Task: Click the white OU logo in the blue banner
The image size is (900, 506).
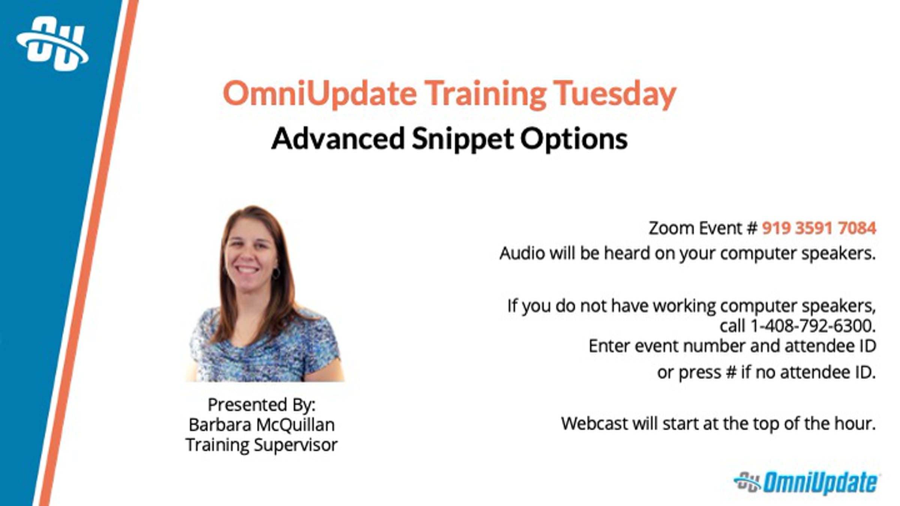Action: (52, 44)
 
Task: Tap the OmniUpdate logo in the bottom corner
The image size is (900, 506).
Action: (806, 483)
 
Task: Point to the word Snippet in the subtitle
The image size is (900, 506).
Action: (463, 139)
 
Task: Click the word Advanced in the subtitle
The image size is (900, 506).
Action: (338, 138)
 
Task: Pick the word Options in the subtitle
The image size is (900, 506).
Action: (574, 139)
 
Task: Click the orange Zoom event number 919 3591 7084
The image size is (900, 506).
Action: (819, 228)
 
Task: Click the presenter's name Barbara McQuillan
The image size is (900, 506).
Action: (262, 425)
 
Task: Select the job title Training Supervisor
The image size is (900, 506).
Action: (262, 445)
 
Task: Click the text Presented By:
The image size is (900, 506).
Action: (262, 405)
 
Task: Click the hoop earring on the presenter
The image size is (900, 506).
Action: (276, 273)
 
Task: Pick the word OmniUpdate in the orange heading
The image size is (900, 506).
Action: (319, 94)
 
